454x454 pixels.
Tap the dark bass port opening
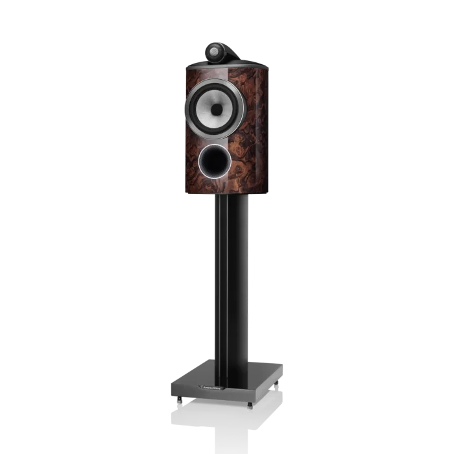click(215, 159)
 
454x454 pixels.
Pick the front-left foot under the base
click(176, 396)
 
